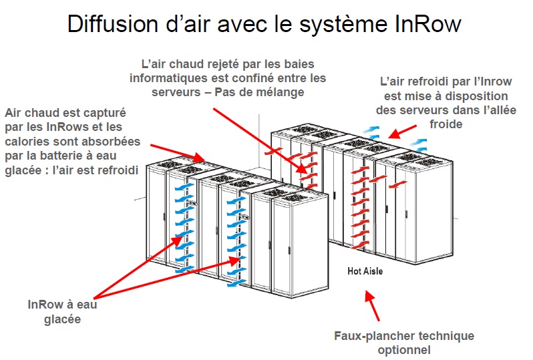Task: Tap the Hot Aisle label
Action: point(366,271)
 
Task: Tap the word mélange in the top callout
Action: point(277,92)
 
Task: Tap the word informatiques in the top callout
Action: point(166,78)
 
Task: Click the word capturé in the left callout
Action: point(104,113)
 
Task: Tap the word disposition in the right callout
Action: point(456,96)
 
